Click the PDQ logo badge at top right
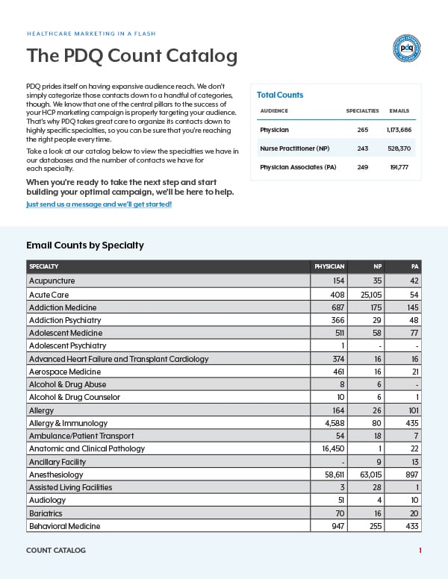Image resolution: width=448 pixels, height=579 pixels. point(406,48)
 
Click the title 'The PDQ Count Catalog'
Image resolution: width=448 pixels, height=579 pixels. point(132,56)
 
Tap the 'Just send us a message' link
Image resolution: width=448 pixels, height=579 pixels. point(99,204)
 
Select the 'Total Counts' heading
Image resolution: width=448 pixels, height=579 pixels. point(280,95)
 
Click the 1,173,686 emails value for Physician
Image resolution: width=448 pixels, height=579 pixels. point(399,129)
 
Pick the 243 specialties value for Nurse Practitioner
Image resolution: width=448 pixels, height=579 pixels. point(362,148)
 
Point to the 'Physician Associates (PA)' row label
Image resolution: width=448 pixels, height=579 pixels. point(298,167)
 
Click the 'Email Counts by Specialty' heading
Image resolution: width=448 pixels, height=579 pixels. point(85,245)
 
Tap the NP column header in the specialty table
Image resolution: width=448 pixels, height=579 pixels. point(378,266)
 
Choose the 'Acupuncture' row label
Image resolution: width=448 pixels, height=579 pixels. point(52,281)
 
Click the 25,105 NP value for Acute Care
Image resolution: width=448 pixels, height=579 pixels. point(370,294)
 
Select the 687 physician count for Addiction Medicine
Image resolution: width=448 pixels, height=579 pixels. point(337,307)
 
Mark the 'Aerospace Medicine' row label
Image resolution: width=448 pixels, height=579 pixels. point(64,372)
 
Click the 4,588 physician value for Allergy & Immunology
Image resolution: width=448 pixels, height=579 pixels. point(333,423)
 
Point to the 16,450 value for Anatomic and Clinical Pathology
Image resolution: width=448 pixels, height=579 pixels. point(332,448)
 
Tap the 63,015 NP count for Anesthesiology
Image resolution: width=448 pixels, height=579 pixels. point(370,475)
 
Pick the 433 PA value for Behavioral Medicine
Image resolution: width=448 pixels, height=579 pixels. point(409,526)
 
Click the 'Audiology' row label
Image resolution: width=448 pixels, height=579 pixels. point(47,500)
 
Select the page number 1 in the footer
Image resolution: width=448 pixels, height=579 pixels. point(420,551)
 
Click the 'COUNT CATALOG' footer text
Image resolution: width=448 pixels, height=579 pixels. point(56,551)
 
